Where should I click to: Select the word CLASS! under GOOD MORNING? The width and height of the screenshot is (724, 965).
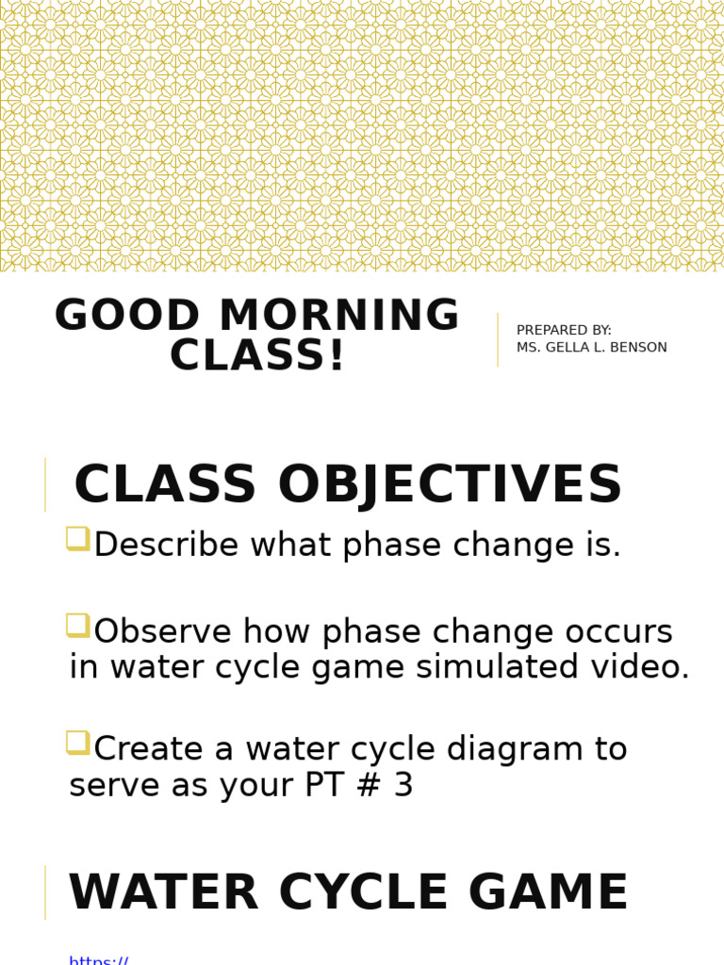(x=257, y=356)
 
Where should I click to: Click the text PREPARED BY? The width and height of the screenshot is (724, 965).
(x=564, y=330)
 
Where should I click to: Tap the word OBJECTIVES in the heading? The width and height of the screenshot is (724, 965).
(x=450, y=485)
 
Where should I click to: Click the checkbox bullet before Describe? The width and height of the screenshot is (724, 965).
(x=77, y=539)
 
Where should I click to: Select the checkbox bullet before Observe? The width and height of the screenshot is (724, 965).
(x=77, y=625)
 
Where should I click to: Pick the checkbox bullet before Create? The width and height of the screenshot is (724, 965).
(x=77, y=743)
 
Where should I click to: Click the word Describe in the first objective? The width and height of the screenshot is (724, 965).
(x=163, y=545)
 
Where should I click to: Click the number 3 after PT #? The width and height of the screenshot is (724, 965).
(x=403, y=785)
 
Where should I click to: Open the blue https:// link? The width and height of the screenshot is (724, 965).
(x=98, y=959)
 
